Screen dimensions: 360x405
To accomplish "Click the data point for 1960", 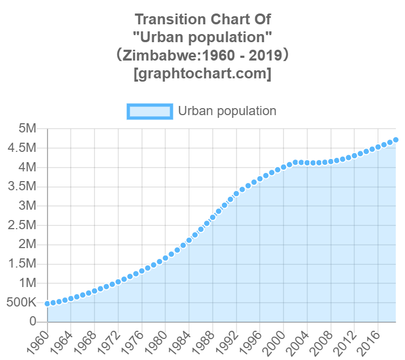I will (48, 304).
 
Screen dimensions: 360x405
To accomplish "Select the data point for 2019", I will (396, 139).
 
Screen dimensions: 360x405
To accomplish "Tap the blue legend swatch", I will (150, 111).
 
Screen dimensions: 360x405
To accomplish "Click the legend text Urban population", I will (227, 111).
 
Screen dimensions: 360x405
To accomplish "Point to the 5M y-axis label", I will (26, 129).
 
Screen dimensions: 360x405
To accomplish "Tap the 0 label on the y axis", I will (32, 321).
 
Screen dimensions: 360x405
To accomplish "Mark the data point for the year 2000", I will (283, 167).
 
